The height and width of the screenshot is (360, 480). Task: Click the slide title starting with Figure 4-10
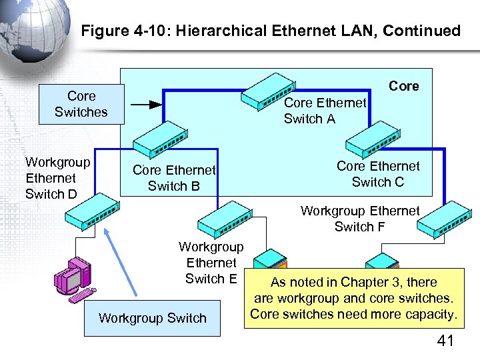pyautogui.click(x=270, y=31)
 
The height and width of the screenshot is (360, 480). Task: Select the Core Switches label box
pyautogui.click(x=81, y=105)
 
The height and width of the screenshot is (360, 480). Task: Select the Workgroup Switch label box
pyautogui.click(x=153, y=318)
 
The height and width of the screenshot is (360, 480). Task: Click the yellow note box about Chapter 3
pyautogui.click(x=354, y=299)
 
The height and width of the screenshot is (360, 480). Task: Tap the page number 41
pyautogui.click(x=445, y=341)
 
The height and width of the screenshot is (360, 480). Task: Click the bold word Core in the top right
pyautogui.click(x=404, y=86)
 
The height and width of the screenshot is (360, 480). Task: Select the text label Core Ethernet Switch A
pyautogui.click(x=325, y=111)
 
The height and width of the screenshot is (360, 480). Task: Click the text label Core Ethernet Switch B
pyautogui.click(x=174, y=178)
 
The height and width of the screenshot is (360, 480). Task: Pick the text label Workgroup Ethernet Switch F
pyautogui.click(x=360, y=219)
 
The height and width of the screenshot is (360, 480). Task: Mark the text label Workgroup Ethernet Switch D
pyautogui.click(x=57, y=178)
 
